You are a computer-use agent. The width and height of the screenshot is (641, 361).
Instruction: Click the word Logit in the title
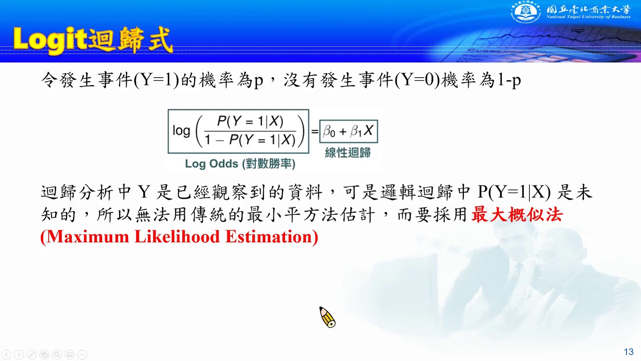tap(50, 39)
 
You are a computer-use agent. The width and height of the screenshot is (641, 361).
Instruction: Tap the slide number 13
tap(628, 352)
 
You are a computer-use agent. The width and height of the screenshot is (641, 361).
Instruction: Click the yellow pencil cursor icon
tap(327, 317)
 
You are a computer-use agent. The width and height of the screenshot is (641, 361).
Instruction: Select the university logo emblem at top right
tap(526, 12)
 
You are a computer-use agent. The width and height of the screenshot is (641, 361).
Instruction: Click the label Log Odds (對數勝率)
tap(240, 163)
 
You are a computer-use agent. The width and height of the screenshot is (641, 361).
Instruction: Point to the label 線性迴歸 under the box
tap(348, 153)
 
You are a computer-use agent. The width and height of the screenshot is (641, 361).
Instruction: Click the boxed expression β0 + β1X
tap(348, 131)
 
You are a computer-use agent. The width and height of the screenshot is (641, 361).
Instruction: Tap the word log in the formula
tap(181, 131)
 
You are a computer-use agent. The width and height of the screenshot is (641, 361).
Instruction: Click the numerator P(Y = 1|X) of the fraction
tap(250, 121)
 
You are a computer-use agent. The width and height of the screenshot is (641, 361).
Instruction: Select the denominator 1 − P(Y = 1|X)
tap(250, 140)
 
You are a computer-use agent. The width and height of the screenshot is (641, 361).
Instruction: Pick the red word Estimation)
tap(271, 237)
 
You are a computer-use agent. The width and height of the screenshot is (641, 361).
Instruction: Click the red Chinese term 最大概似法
tap(517, 215)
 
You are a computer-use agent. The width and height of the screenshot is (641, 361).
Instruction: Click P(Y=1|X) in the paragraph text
tap(514, 193)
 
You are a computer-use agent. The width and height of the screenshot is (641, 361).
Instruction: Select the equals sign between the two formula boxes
tap(314, 132)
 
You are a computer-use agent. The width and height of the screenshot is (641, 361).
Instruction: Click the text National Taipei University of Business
tap(588, 17)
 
